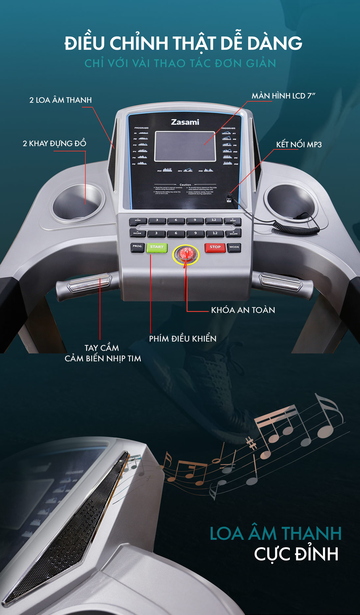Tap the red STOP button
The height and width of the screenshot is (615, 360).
coord(215,247)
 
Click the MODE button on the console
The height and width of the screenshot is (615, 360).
coord(234,247)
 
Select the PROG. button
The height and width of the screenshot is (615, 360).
coord(137,246)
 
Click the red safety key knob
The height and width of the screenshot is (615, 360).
coord(186,254)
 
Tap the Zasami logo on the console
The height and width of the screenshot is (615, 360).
coord(185,122)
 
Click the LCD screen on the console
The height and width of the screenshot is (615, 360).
coord(185,146)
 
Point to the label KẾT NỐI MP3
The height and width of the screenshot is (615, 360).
coord(299,144)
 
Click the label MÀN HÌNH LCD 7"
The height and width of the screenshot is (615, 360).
coord(283,96)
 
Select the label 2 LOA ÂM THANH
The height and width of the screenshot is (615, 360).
coord(61,100)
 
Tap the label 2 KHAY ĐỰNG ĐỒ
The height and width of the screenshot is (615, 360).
coord(54,143)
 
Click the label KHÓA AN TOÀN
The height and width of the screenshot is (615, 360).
coord(243,310)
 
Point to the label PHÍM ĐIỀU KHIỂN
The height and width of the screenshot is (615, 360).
coord(183,339)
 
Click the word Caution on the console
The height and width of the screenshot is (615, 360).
coord(185,185)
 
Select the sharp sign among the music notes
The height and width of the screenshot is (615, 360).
coord(252,444)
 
